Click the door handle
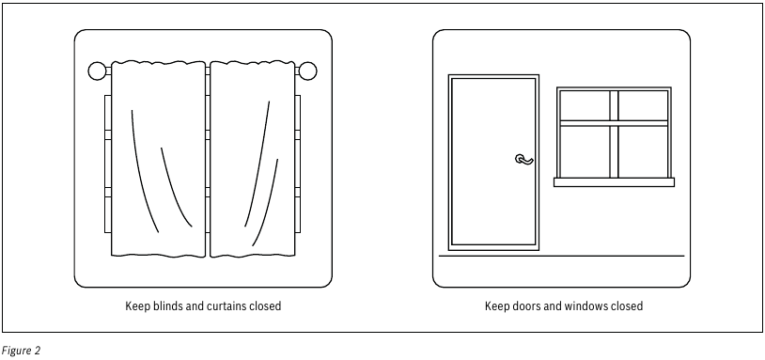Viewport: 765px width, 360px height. click(524, 160)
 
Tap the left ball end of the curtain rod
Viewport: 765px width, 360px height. click(97, 70)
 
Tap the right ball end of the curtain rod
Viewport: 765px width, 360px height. click(308, 70)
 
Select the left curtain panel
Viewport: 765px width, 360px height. click(158, 159)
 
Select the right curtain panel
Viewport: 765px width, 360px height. click(252, 159)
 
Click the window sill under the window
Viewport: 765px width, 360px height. click(614, 182)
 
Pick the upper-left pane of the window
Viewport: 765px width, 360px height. click(585, 105)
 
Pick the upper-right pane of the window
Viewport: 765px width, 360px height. click(643, 105)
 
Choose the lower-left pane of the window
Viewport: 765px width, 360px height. click(585, 151)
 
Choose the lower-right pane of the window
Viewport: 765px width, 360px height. click(643, 151)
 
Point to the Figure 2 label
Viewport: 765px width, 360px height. click(21, 351)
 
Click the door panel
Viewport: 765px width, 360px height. click(493, 162)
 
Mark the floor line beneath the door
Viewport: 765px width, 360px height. click(562, 256)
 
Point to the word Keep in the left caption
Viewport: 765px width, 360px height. click(135, 305)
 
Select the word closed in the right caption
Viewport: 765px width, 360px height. click(626, 305)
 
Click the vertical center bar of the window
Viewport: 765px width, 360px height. click(614, 134)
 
